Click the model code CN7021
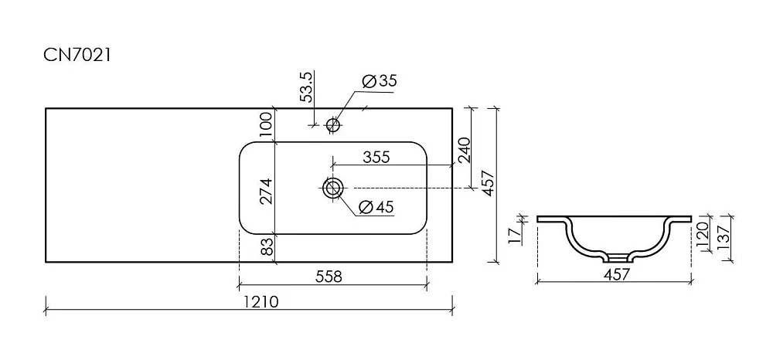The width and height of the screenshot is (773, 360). click(x=77, y=55)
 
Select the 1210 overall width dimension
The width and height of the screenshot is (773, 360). click(x=261, y=301)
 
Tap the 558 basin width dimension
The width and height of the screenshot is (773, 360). click(x=329, y=277)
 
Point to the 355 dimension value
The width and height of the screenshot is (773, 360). click(x=376, y=157)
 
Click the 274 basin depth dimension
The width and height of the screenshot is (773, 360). click(x=266, y=191)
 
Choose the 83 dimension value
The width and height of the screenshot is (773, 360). click(x=266, y=246)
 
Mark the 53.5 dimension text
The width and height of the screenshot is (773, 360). click(x=306, y=87)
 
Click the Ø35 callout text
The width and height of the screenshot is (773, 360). click(x=379, y=81)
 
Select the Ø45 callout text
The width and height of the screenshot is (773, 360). click(x=376, y=207)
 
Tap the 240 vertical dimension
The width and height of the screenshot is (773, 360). click(x=465, y=150)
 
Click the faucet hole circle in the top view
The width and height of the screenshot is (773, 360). click(x=334, y=124)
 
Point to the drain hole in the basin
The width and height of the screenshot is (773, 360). click(x=332, y=188)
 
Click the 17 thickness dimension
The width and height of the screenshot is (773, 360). click(x=515, y=235)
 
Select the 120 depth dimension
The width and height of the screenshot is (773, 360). click(x=702, y=233)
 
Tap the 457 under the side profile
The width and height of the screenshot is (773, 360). click(x=617, y=273)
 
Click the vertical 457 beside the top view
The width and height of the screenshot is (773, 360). click(x=488, y=183)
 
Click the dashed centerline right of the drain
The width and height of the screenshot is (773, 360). click(x=409, y=188)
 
